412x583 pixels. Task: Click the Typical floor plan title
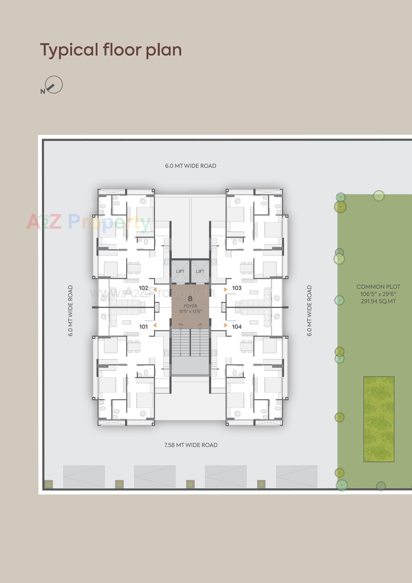[111, 50]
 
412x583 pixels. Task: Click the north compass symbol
[53, 85]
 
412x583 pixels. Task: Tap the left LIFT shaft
[180, 271]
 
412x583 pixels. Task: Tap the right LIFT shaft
[200, 271]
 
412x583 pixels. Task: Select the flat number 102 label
[143, 288]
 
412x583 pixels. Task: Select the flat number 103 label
[237, 288]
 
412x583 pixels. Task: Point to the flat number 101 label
[143, 327]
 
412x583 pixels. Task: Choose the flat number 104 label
[237, 327]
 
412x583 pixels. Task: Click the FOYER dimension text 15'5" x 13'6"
[190, 311]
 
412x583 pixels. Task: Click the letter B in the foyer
[190, 299]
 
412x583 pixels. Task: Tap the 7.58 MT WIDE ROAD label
[191, 445]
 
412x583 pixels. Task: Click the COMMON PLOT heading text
[378, 287]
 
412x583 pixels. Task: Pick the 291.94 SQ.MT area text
[378, 301]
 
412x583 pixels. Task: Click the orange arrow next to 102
[155, 289]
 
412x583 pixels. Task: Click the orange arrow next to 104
[225, 325]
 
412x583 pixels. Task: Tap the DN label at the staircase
[181, 324]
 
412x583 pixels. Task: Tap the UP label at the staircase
[200, 324]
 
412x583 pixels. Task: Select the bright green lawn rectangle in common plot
[379, 419]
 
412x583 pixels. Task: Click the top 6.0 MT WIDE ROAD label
[191, 166]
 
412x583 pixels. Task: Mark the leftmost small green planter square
[49, 484]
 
